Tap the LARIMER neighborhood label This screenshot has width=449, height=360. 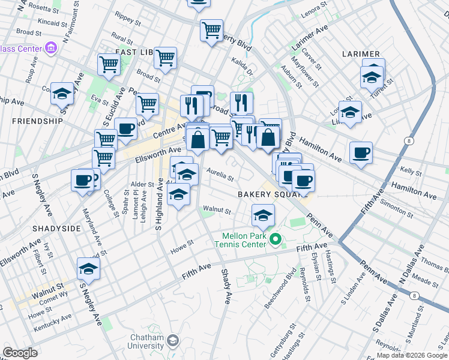(x=361, y=54)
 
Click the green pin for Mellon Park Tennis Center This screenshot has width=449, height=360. (x=276, y=239)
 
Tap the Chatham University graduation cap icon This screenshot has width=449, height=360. (x=173, y=341)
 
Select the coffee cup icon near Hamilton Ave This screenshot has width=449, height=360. (x=361, y=152)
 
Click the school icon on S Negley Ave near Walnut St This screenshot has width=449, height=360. (x=88, y=269)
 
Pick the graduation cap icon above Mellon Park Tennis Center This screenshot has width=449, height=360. (x=263, y=215)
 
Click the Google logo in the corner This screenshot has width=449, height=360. (x=20, y=353)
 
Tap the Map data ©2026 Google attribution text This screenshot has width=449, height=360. (x=408, y=355)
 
